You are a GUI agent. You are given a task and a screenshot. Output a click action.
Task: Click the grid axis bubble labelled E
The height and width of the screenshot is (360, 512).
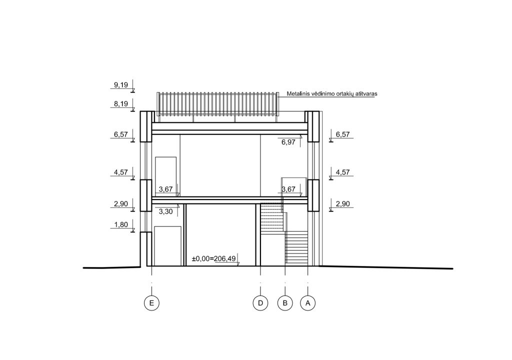tap(151, 303)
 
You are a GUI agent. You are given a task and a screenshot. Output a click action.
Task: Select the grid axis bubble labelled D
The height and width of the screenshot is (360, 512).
tap(260, 303)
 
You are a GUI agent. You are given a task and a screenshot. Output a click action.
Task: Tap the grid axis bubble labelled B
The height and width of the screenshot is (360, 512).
tap(285, 303)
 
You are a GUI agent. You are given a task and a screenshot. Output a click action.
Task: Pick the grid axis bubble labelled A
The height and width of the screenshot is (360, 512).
tap(307, 303)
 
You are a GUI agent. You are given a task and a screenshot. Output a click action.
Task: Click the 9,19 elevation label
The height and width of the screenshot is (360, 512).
tap(121, 85)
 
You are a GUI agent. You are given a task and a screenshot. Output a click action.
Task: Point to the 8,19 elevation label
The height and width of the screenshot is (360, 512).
tap(121, 104)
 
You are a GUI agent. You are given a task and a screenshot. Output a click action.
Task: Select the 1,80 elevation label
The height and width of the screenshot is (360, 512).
tap(121, 224)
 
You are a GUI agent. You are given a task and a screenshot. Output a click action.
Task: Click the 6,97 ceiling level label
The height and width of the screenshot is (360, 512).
tap(288, 142)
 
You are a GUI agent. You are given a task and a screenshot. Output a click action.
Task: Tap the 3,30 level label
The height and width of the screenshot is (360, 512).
tap(165, 211)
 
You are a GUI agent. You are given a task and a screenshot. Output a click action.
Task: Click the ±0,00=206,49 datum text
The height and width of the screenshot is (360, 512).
tap(214, 258)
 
